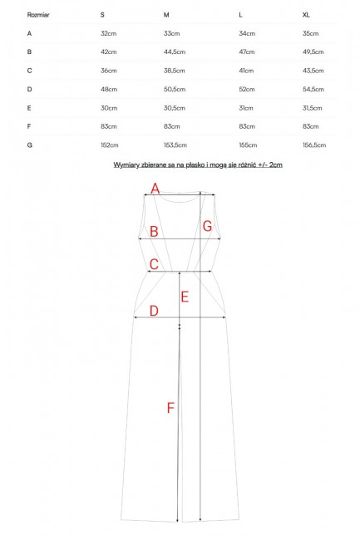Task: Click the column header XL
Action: pos(306,15)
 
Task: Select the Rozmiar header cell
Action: pos(38,15)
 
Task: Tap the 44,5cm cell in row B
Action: pos(175,52)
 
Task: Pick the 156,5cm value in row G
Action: pos(314,145)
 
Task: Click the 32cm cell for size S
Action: pos(109,33)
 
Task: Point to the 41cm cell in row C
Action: pos(246,71)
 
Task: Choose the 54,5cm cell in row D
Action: pos(313,89)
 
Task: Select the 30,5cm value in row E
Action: pos(175,108)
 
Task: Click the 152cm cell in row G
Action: pos(110,145)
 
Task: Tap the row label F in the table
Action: pos(29,126)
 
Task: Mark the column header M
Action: pos(166,15)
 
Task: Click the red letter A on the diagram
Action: pos(155,189)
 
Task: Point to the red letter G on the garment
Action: pos(207,226)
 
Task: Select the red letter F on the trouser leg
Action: pos(170,408)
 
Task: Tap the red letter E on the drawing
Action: pos(185,297)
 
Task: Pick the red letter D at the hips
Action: pos(154,311)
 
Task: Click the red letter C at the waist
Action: pos(154,264)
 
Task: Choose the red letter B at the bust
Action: pos(154,232)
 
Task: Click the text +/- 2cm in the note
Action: pos(270,164)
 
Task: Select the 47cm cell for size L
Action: pos(247,52)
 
